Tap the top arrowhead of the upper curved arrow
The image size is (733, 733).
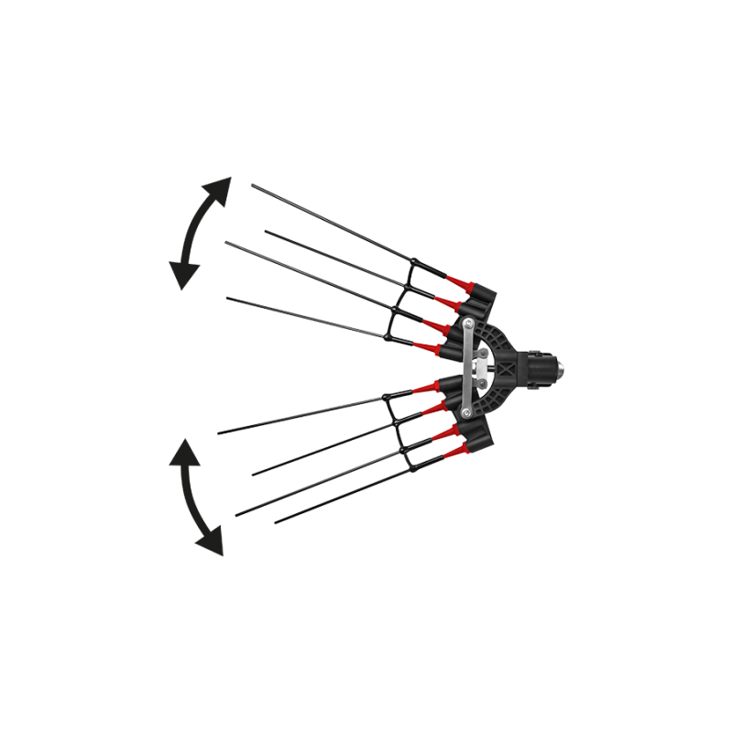pyautogui.click(x=221, y=184)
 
